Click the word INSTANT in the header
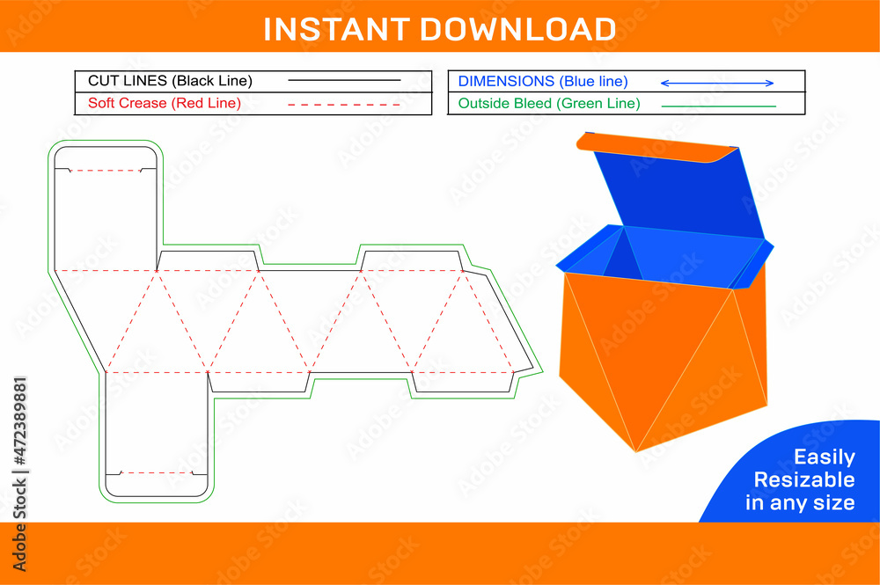tap(337, 28)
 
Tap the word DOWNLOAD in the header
tap(517, 28)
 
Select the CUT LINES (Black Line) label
tap(170, 81)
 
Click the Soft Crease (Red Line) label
tap(165, 103)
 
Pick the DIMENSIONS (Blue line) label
tap(543, 81)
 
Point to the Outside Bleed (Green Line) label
tap(549, 103)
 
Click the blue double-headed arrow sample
tap(716, 83)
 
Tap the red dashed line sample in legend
tap(344, 104)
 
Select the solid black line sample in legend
tap(344, 81)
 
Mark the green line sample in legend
tap(718, 106)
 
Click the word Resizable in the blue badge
tap(803, 479)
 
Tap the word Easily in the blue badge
tap(824, 457)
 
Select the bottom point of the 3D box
tap(636, 451)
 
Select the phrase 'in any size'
tap(800, 502)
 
